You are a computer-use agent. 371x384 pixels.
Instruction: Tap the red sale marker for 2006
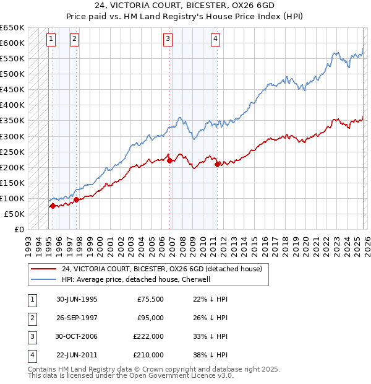coord(170,160)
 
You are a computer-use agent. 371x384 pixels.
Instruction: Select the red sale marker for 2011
coord(217,164)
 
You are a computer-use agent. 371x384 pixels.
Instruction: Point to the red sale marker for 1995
coord(53,206)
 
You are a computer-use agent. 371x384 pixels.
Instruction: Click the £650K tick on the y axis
coord(12,28)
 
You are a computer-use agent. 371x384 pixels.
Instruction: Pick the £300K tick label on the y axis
coord(12,136)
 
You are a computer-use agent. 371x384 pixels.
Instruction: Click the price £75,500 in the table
coord(150,299)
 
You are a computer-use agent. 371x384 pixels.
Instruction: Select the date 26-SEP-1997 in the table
coord(77,318)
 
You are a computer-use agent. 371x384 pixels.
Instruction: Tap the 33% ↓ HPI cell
coord(206,336)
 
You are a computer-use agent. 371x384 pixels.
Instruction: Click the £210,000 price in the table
coord(148,355)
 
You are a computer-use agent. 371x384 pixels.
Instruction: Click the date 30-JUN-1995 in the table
coord(77,299)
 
